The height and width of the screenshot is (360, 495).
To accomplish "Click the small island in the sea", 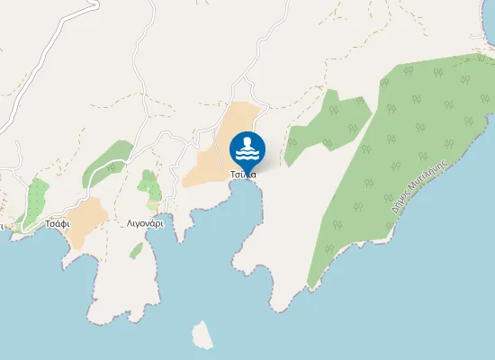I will tap(203, 335).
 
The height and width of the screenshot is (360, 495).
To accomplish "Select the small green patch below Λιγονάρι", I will tap(136, 250).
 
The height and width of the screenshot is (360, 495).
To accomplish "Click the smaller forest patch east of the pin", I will tap(328, 121).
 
